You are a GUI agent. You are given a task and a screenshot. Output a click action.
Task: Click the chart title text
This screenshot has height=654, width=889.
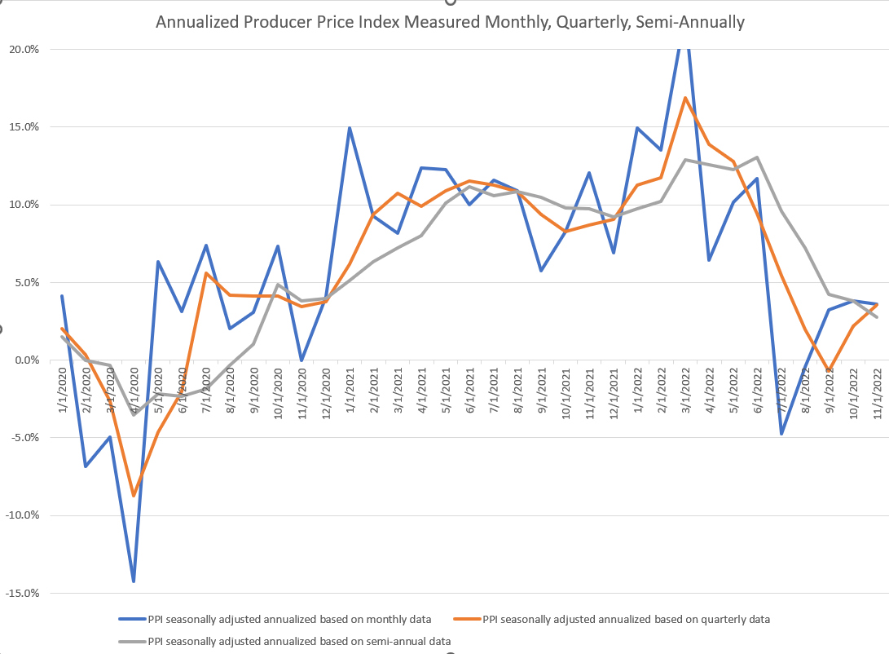[450, 22]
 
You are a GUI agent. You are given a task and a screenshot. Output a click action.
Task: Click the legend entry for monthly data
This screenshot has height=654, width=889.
[289, 620]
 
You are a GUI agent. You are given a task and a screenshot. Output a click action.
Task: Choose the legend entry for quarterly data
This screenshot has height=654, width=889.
[626, 620]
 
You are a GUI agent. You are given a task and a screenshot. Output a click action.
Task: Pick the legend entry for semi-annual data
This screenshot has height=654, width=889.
[299, 641]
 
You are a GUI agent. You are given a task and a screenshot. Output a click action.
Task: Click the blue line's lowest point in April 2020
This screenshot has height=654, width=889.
[134, 581]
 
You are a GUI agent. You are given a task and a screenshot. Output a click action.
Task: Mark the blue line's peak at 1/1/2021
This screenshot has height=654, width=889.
[349, 128]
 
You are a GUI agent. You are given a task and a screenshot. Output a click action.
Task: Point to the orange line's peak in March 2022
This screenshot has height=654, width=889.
[685, 98]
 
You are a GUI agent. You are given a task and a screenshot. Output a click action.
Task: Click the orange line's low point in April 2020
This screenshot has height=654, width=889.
[134, 496]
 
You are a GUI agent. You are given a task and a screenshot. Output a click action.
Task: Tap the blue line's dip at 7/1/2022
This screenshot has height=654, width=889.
[781, 434]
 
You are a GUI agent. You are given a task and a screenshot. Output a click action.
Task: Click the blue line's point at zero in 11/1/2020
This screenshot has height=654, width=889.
[301, 360]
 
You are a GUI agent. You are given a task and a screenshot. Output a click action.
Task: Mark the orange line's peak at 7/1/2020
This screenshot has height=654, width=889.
[206, 273]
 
